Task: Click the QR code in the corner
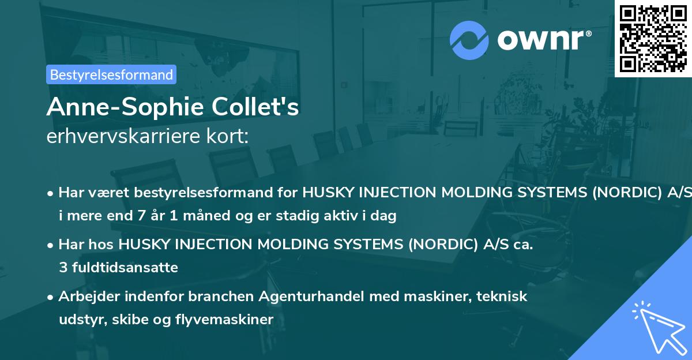coord(653,38)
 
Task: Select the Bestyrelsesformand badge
coord(111,74)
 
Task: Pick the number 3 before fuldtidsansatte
coord(62,268)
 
